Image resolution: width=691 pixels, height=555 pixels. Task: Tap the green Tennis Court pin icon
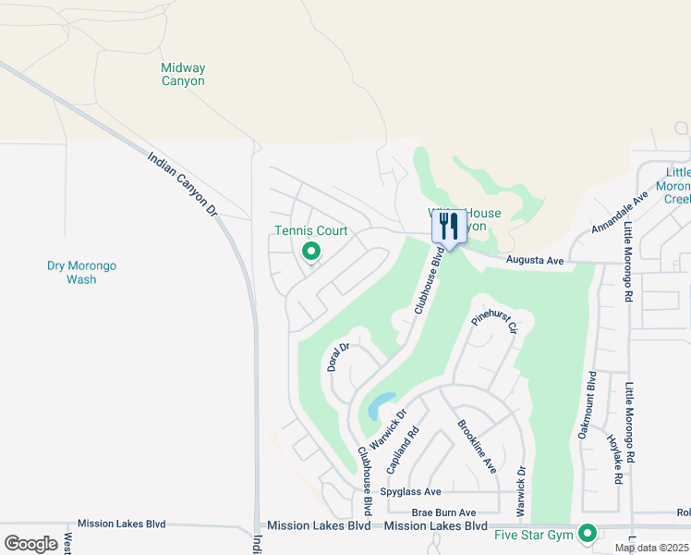(x=311, y=251)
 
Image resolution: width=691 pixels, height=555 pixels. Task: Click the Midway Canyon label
(x=183, y=74)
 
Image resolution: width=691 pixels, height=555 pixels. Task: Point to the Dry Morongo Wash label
(x=82, y=272)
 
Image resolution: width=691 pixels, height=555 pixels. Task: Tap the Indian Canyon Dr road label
(x=182, y=185)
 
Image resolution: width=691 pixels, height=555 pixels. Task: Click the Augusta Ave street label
(x=535, y=262)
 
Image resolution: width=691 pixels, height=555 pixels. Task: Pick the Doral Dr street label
(x=336, y=357)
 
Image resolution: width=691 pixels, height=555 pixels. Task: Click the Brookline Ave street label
(x=477, y=447)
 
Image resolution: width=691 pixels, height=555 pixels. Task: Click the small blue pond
(x=378, y=406)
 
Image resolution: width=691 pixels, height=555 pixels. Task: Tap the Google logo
(x=30, y=543)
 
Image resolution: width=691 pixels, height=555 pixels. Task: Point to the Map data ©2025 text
(x=651, y=548)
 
